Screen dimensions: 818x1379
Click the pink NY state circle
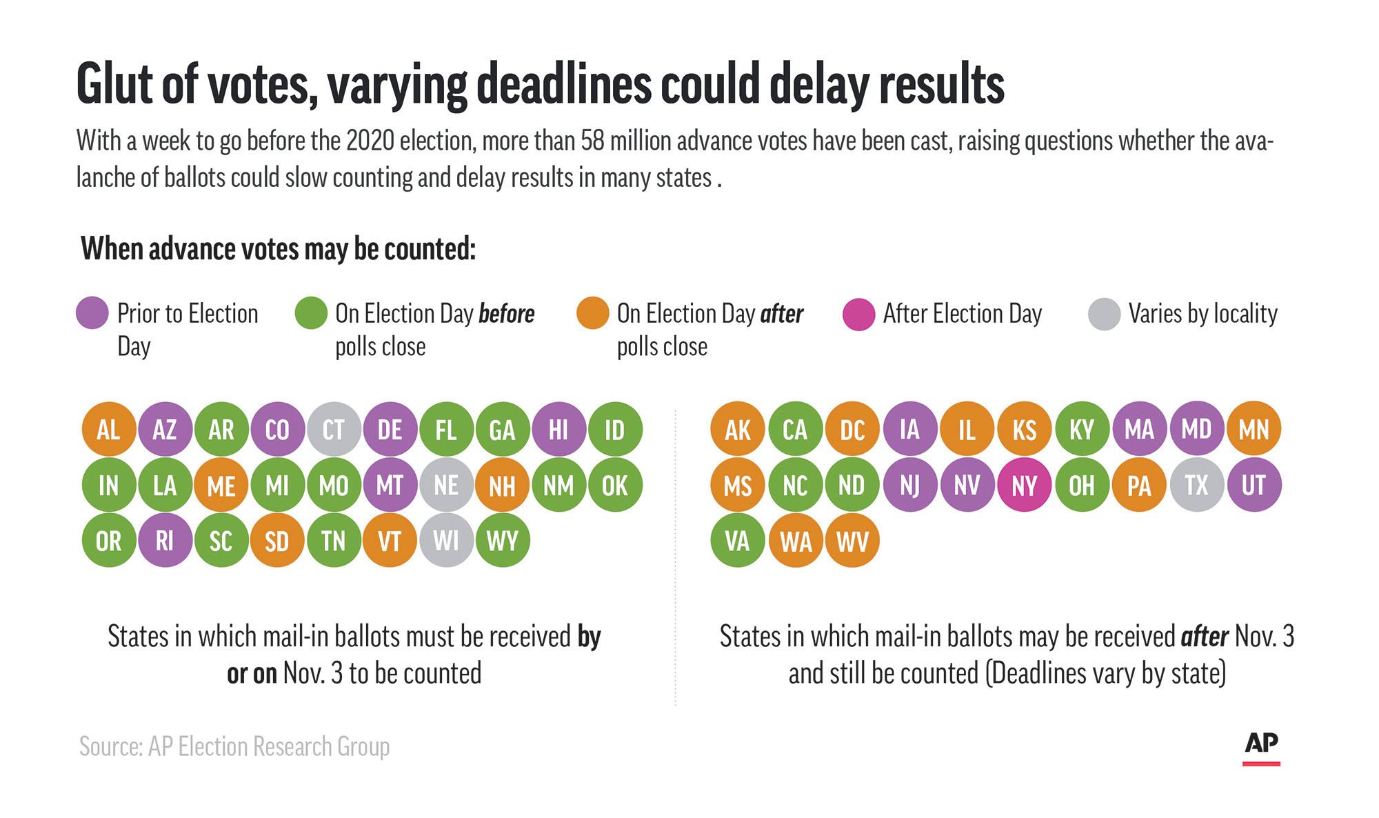(1024, 485)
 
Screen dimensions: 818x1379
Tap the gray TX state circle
(1196, 485)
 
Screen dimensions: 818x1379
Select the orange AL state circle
(108, 430)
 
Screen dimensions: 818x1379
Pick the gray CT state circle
(334, 430)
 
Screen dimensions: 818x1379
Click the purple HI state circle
(558, 430)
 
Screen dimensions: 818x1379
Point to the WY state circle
(503, 540)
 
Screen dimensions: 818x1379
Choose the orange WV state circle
(852, 541)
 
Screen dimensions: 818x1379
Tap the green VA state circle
(737, 541)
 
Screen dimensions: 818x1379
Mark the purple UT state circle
(1254, 485)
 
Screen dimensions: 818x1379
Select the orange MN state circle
(1254, 430)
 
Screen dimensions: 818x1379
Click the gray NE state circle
(446, 485)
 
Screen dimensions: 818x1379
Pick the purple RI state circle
(165, 540)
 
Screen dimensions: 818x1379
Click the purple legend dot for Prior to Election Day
(92, 313)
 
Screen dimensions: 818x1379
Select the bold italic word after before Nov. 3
(1205, 636)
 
